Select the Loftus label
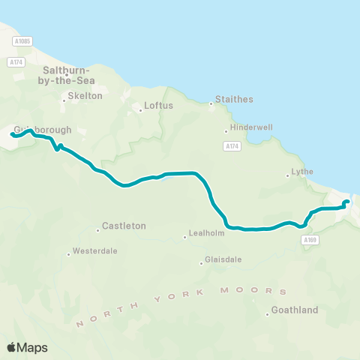tap(159, 106)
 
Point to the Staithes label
tap(234, 99)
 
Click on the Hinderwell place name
tap(247, 127)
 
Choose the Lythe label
tap(302, 172)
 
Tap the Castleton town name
tap(124, 225)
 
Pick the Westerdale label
tap(96, 251)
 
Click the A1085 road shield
tap(22, 40)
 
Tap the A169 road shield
tap(310, 239)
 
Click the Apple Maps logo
tap(28, 347)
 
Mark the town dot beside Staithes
tap(211, 103)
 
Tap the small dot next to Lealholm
tap(185, 238)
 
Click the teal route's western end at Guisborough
tap(13, 134)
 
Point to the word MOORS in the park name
tap(262, 289)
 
